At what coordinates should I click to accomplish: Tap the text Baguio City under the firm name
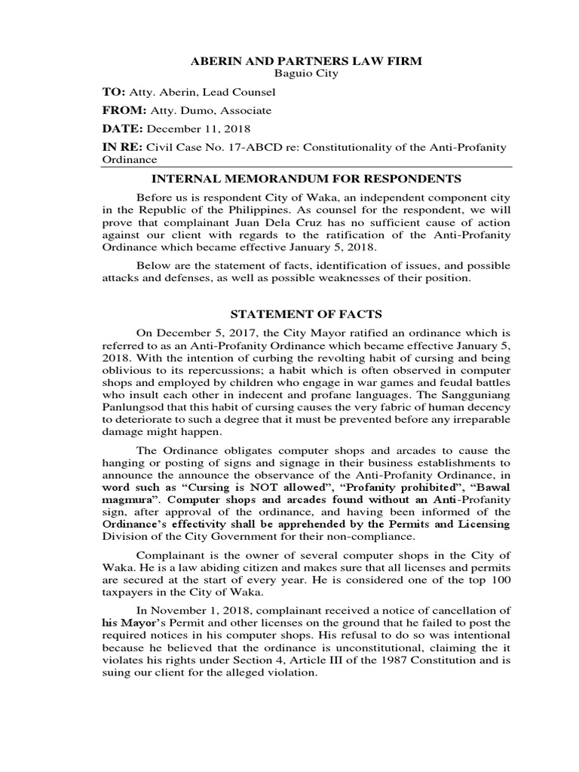(305, 74)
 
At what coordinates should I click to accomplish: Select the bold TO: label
(113, 92)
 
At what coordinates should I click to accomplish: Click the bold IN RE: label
(121, 147)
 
